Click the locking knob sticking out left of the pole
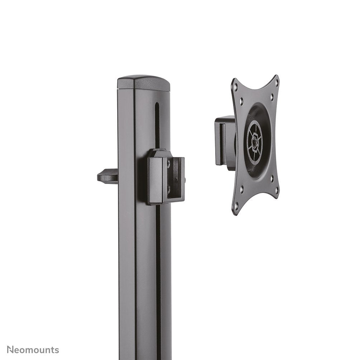tap(107, 176)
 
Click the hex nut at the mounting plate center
tap(255, 141)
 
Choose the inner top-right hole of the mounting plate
tap(272, 96)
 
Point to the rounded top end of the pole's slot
tap(157, 105)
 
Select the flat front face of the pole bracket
tap(157, 181)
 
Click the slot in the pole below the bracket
tap(158, 269)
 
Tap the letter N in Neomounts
tap(11, 350)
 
